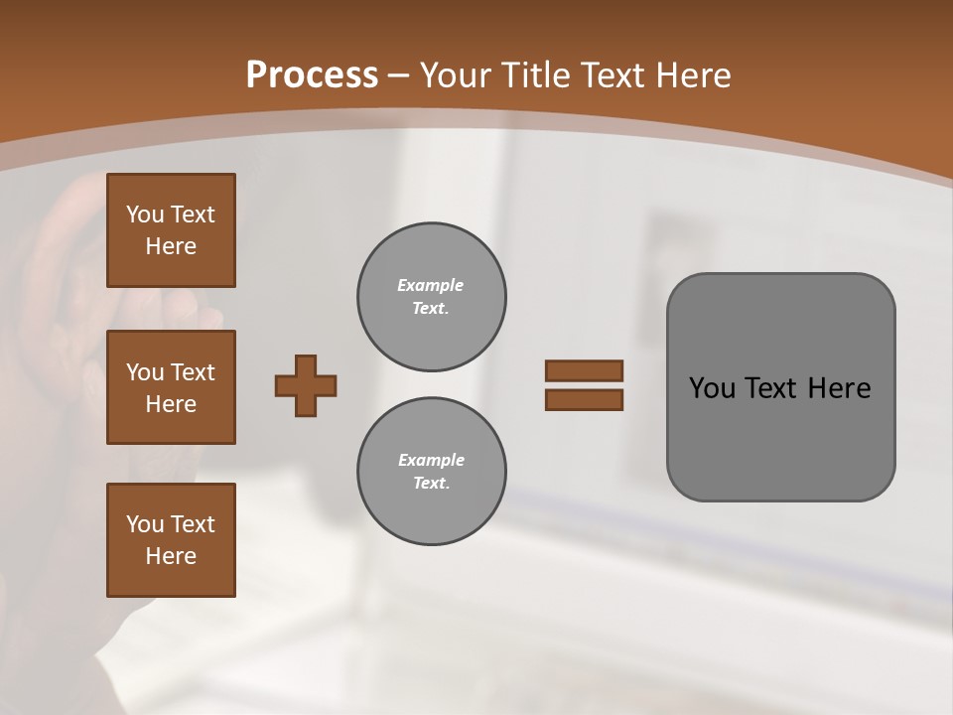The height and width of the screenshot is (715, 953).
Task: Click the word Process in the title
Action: (312, 75)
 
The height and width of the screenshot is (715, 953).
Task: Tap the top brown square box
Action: (171, 230)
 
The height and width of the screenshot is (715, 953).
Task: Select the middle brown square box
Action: (171, 387)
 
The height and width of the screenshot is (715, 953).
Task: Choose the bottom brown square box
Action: (171, 540)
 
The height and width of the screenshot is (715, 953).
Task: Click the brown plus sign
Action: (306, 385)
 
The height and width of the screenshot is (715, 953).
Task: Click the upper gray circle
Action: (431, 296)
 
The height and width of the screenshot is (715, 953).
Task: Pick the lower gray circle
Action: (431, 471)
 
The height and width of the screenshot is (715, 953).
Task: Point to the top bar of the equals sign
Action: (584, 370)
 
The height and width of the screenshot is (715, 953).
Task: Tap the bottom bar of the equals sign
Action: (584, 400)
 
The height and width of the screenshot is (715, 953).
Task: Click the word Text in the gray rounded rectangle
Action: (771, 388)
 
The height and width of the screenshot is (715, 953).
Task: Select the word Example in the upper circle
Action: (431, 285)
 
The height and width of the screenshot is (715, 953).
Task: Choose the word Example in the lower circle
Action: (431, 460)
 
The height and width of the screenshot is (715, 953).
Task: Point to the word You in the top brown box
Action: (144, 214)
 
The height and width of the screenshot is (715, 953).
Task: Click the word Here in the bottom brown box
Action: (171, 556)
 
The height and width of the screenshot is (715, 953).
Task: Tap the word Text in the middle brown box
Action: (193, 372)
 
